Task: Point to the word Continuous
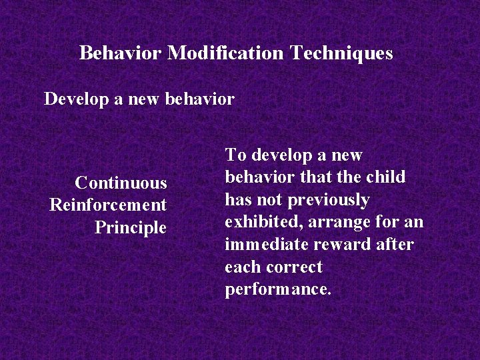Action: pyautogui.click(x=121, y=183)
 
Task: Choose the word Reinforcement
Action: pyautogui.click(x=108, y=205)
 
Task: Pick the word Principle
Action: pyautogui.click(x=131, y=228)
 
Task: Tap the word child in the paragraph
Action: pyautogui.click(x=385, y=177)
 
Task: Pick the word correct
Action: pyautogui.click(x=294, y=267)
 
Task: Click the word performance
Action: pyautogui.click(x=278, y=290)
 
